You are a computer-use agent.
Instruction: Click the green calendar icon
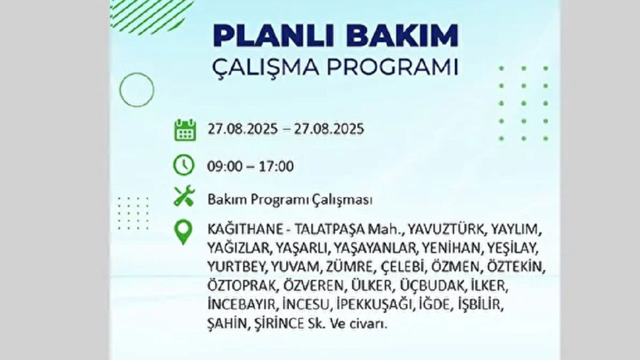point(185,129)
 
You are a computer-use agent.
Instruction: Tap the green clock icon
point(183,165)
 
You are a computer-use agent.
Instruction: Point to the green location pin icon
point(183,232)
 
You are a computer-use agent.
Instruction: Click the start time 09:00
point(224,166)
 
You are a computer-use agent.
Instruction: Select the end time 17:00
point(276,166)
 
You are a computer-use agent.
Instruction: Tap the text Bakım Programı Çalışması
point(290,200)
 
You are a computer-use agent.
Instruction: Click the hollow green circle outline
point(136,89)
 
